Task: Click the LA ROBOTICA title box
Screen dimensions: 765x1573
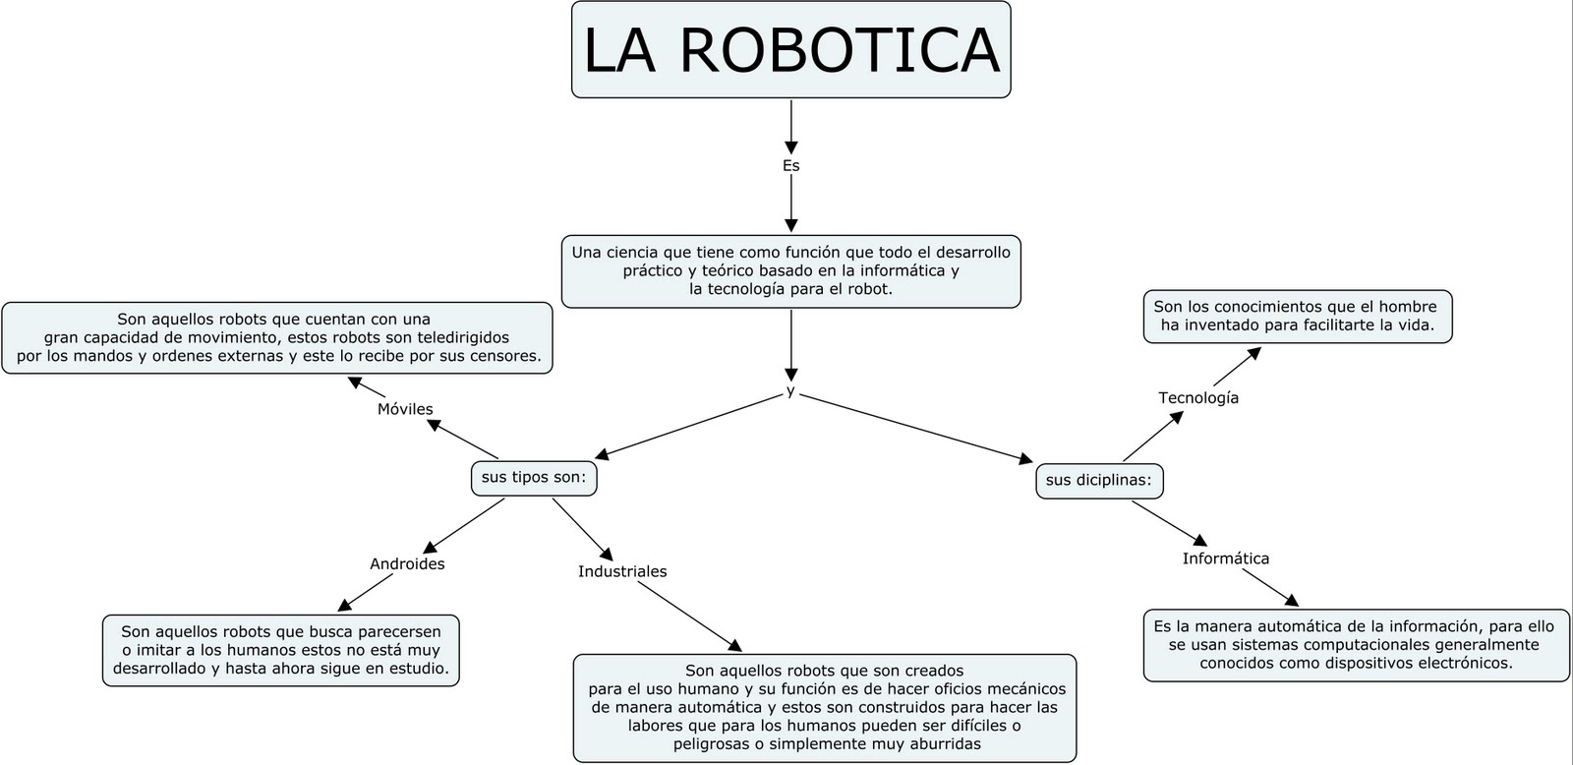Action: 790,50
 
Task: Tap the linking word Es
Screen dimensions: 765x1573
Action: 790,165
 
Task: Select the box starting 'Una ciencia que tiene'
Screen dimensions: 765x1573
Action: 790,270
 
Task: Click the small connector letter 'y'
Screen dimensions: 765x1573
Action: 790,391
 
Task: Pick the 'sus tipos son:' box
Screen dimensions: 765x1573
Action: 534,478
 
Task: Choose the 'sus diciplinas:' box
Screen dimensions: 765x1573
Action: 1099,481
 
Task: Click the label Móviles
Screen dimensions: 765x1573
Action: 405,409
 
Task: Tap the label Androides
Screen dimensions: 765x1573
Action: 407,563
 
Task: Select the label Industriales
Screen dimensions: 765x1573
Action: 622,571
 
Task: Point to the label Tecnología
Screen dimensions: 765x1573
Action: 1197,397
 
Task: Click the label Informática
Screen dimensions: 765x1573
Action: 1225,559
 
